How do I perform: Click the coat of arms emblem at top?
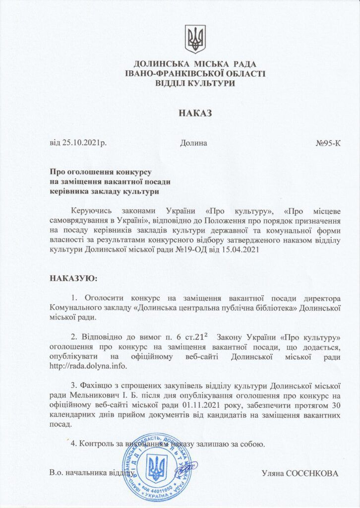click(x=195, y=39)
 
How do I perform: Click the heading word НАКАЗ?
click(x=195, y=114)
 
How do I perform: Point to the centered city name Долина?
click(x=193, y=143)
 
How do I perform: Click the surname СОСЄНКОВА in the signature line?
click(x=314, y=473)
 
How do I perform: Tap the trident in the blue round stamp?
click(x=158, y=467)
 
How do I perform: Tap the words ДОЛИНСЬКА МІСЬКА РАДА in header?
click(x=195, y=64)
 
